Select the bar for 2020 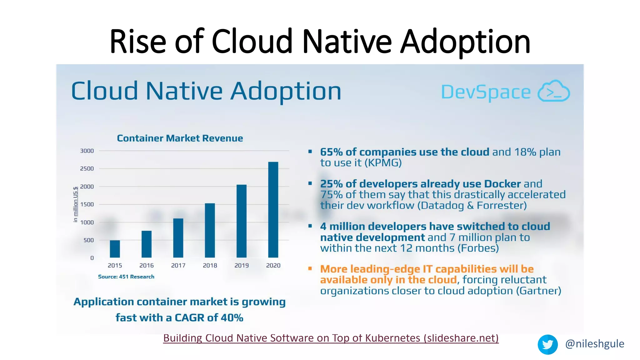[x=273, y=210]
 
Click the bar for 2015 [x=115, y=249]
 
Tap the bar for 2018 [x=210, y=230]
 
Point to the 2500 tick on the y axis [x=87, y=169]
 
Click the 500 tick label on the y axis [x=88, y=240]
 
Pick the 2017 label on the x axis [x=178, y=265]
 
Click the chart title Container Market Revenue [x=180, y=138]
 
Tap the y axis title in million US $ [x=75, y=204]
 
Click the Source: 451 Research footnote [x=126, y=277]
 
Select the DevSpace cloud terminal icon [x=553, y=91]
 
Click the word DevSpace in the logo [x=486, y=92]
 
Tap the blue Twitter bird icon [x=547, y=344]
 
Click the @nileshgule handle [x=594, y=344]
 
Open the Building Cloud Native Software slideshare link [x=331, y=338]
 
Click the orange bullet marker [x=310, y=268]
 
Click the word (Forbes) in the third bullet [x=478, y=248]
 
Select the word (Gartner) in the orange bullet [x=538, y=291]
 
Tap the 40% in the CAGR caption [x=232, y=317]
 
